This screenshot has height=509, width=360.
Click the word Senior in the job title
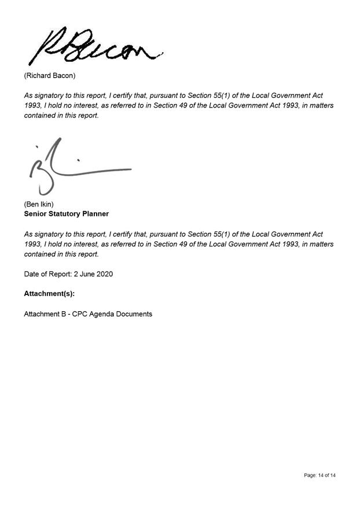36,213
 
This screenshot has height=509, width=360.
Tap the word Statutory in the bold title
65,213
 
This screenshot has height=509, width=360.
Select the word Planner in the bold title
95,213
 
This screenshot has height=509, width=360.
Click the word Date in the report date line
32,274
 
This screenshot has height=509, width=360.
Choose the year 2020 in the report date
105,274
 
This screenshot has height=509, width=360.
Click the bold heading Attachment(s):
49,294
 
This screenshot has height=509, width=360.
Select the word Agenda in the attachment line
103,314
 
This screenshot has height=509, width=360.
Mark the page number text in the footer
319,475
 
